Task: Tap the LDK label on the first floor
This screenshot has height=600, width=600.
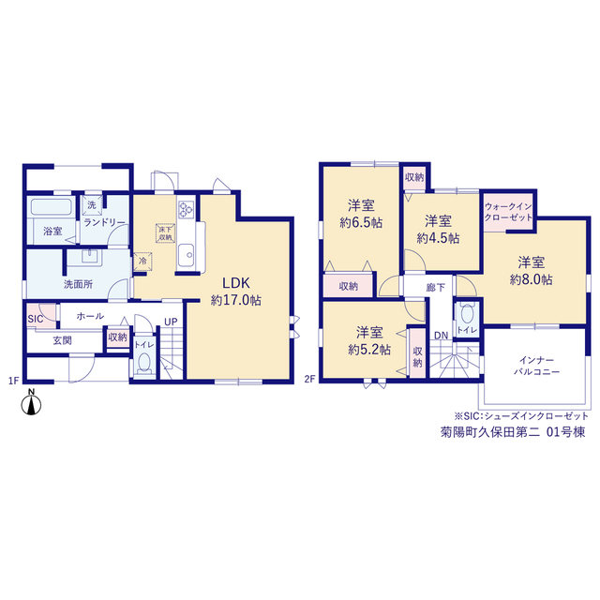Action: click(x=236, y=283)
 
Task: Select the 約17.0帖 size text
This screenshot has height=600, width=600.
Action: click(x=235, y=300)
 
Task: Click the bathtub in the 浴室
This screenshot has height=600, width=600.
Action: click(x=51, y=207)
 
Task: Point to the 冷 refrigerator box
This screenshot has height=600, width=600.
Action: click(x=142, y=262)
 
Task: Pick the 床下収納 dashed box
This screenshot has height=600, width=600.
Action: click(x=165, y=233)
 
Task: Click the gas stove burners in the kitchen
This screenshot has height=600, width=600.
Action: click(x=186, y=209)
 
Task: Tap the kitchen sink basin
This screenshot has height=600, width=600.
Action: click(x=186, y=254)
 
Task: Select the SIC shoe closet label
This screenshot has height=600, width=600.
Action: click(x=36, y=319)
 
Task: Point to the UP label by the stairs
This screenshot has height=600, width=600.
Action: click(x=171, y=322)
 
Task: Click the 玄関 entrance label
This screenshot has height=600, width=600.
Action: click(x=63, y=340)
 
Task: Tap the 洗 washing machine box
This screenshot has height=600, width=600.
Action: click(x=92, y=204)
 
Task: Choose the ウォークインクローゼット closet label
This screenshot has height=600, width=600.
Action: click(x=508, y=212)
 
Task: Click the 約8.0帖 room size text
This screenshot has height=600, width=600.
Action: click(x=531, y=280)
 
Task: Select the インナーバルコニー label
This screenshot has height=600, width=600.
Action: click(x=536, y=366)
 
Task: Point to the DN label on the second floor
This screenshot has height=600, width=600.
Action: click(x=441, y=336)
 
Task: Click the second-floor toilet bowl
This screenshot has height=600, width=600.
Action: click(x=467, y=314)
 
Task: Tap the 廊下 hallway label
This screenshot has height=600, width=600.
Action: click(x=435, y=288)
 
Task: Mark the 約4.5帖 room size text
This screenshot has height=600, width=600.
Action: click(x=438, y=238)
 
